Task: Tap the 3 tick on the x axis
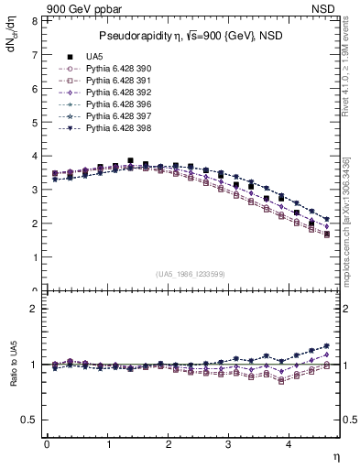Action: pos(229,443)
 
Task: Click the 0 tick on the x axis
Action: pos(47,443)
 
